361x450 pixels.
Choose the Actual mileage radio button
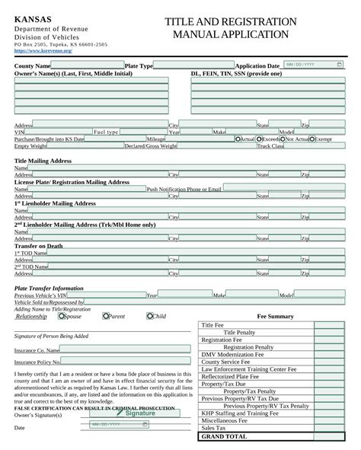click(238, 139)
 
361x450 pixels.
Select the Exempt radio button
click(313, 139)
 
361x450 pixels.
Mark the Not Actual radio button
click(283, 139)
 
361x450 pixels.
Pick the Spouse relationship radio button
click(66, 316)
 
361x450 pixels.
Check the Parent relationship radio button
click(106, 316)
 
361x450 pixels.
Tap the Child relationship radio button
click(151, 316)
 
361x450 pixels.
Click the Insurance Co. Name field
click(125, 349)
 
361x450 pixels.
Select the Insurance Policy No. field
click(125, 362)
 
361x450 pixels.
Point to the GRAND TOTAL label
click(224, 437)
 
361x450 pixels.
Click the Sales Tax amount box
click(329, 428)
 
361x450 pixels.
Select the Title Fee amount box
click(329, 325)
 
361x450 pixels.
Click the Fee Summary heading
click(275, 315)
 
